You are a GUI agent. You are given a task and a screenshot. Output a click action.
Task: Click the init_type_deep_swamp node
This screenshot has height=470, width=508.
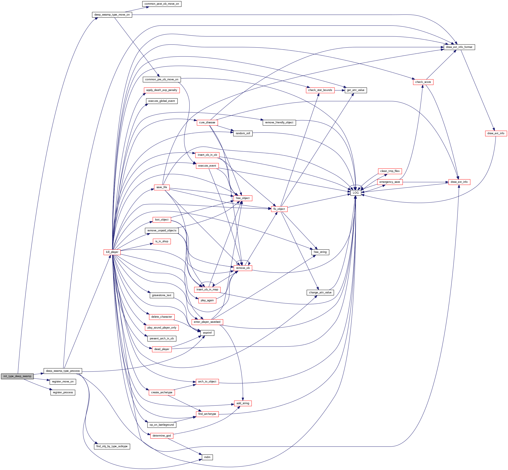click(x=17, y=376)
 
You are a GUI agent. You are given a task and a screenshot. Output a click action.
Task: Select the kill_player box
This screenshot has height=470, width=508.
click(x=112, y=252)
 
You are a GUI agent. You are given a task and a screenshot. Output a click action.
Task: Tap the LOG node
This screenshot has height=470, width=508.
click(x=355, y=193)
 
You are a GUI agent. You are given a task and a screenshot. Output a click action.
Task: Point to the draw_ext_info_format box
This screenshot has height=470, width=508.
click(x=459, y=47)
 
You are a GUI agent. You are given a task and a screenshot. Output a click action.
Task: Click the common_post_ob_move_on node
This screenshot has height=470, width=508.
click(x=162, y=4)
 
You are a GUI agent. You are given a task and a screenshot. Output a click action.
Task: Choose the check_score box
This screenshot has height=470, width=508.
click(x=423, y=82)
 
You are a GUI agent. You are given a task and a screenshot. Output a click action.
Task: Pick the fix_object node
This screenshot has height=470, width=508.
click(x=279, y=209)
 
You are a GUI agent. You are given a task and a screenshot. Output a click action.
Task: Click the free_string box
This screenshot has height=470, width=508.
click(x=320, y=252)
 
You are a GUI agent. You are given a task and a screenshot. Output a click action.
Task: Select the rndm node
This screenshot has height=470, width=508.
click(x=207, y=457)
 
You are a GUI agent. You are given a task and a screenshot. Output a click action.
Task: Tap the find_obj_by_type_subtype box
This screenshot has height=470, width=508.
click(x=112, y=446)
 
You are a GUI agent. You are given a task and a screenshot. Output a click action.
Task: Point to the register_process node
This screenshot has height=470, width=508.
click(x=63, y=392)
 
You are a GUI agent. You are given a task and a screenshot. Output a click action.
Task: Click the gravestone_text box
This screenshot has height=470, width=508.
click(x=162, y=295)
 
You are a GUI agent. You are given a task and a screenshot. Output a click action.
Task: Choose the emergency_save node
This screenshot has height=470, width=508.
click(x=390, y=182)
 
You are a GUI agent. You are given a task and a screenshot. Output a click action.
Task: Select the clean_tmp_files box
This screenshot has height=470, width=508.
click(x=390, y=171)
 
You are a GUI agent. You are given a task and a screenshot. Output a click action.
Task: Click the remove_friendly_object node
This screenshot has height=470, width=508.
click(x=279, y=122)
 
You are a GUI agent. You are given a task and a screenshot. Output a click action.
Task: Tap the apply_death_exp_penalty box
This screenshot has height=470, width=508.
click(x=162, y=90)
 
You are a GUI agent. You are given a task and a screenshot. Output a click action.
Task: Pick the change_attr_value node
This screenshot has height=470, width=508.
click(x=320, y=293)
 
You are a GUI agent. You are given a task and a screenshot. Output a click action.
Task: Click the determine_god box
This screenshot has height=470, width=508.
click(x=162, y=436)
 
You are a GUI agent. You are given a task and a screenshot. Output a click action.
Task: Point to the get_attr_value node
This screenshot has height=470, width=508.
click(x=355, y=90)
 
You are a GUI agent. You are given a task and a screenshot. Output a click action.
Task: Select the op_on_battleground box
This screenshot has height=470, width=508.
click(x=162, y=425)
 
